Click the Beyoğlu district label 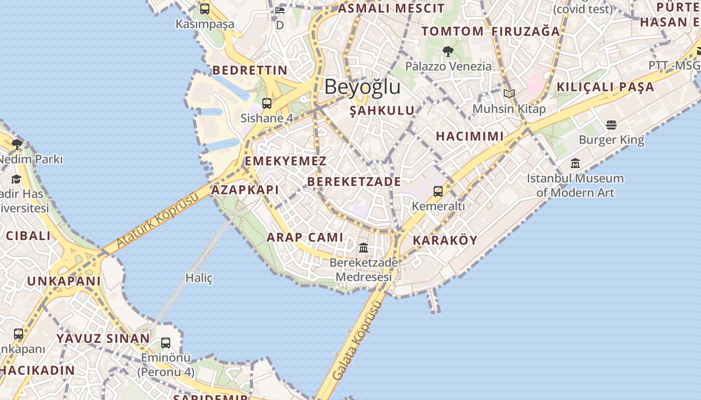click(363, 87)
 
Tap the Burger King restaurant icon click(611, 124)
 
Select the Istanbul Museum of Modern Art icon click(575, 163)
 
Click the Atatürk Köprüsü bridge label click(157, 219)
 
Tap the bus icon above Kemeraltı click(438, 191)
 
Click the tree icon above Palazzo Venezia click(448, 51)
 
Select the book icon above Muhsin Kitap click(509, 93)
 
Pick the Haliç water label click(199, 278)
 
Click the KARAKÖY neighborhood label click(445, 240)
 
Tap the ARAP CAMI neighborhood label click(305, 237)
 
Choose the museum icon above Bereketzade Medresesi click(364, 248)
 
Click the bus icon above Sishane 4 click(267, 103)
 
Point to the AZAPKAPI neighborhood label click(245, 190)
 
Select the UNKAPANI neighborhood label click(64, 281)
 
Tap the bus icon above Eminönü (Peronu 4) click(166, 343)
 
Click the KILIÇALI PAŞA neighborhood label click(605, 87)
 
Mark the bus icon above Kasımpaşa click(205, 9)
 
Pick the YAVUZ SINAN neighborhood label click(103, 338)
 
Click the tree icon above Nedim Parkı click(17, 144)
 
